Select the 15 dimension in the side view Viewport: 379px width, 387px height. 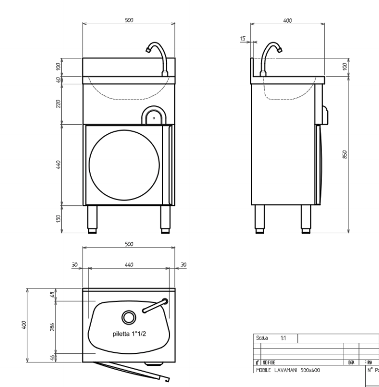[242, 39]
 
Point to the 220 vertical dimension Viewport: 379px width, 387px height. [59, 104]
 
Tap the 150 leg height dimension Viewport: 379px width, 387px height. [59, 218]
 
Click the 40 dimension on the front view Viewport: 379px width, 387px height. [59, 80]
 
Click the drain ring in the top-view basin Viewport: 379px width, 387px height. [128, 317]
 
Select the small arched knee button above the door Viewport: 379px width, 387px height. [154, 115]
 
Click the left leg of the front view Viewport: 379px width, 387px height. [93, 217]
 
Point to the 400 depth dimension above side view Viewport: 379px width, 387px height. [287, 19]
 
